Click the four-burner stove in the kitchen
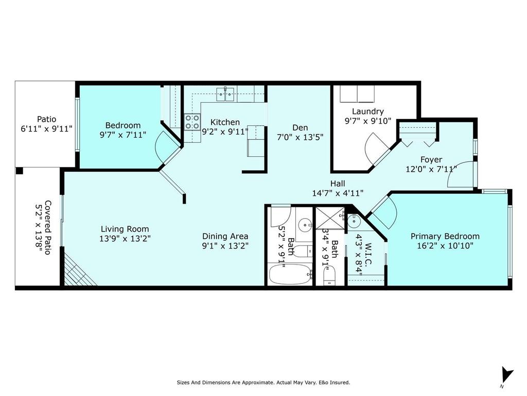pyautogui.click(x=192, y=122)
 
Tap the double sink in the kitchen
pyautogui.click(x=225, y=93)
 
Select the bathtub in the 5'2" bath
pyautogui.click(x=290, y=273)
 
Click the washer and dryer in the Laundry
pyautogui.click(x=357, y=94)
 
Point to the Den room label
pyautogui.click(x=300, y=127)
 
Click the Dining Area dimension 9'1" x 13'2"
pyautogui.click(x=225, y=246)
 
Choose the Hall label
pyautogui.click(x=338, y=183)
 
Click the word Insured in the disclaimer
pyautogui.click(x=339, y=383)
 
